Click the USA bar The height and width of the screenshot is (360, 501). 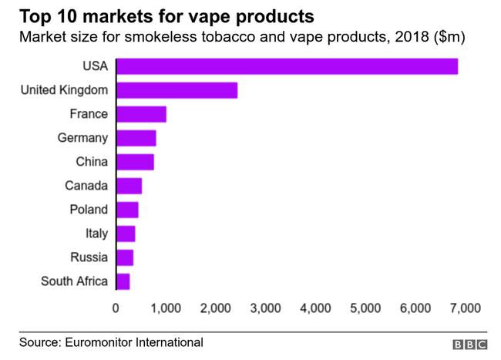click(x=287, y=66)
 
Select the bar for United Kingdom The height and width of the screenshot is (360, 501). click(x=177, y=90)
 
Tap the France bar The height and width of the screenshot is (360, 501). click(x=141, y=114)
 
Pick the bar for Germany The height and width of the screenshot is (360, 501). click(x=136, y=138)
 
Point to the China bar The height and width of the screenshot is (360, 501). click(x=135, y=162)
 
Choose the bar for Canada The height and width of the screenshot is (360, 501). click(x=129, y=186)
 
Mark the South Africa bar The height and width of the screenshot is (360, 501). click(x=123, y=281)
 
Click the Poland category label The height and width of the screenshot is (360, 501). click(x=89, y=210)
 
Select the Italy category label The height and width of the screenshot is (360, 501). click(x=96, y=234)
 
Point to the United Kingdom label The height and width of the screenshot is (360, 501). click(x=63, y=90)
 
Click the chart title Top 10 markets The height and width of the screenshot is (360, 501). click(x=156, y=15)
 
